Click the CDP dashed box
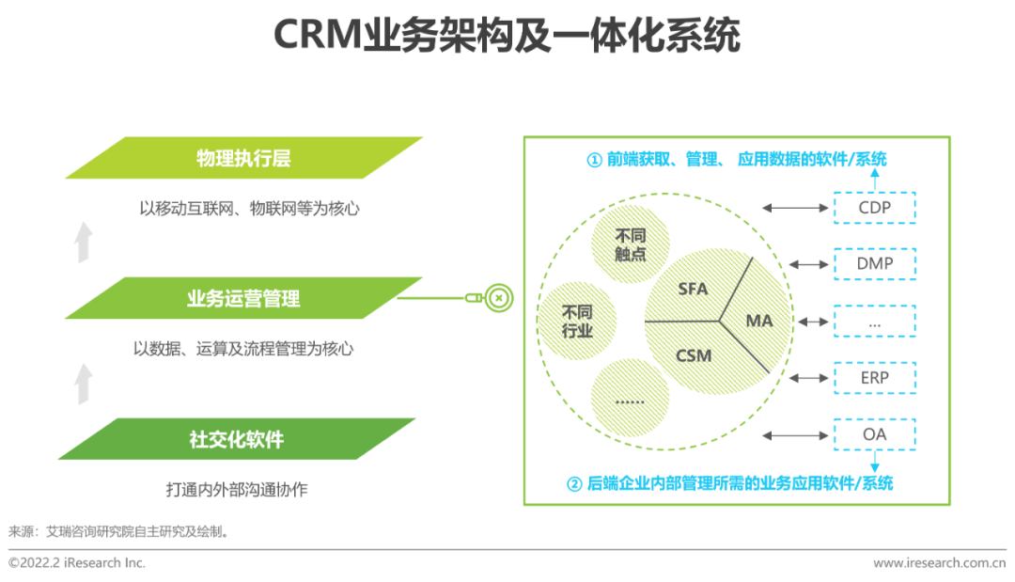click(x=874, y=207)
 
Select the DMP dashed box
click(x=874, y=264)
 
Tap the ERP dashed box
click(x=874, y=378)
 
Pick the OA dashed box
click(x=874, y=435)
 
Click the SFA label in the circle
click(x=693, y=289)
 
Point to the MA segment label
click(x=758, y=321)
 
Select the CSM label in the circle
click(x=694, y=356)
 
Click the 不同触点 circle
click(x=631, y=244)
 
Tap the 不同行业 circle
click(x=577, y=321)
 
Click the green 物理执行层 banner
click(x=243, y=158)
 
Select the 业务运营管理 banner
click(x=243, y=299)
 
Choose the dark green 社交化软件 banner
click(x=243, y=439)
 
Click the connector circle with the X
click(x=500, y=299)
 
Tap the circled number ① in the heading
click(x=594, y=160)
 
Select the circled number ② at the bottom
click(x=574, y=484)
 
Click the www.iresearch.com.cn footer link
click(x=939, y=563)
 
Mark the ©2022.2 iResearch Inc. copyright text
click(x=77, y=563)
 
